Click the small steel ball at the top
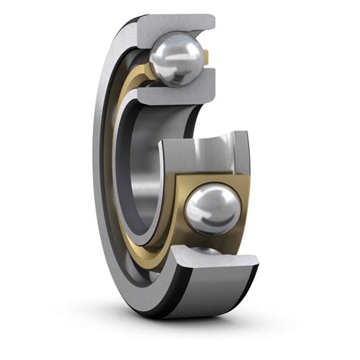tap(176, 60)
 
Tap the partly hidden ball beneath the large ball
tap(207, 250)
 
